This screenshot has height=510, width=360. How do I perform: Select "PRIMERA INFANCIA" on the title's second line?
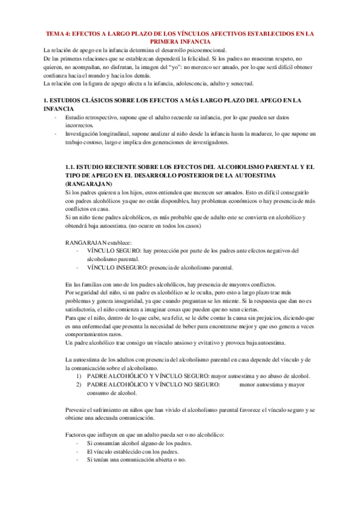pos(180,42)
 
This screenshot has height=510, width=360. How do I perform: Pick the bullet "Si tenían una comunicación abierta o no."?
pos(136,459)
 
